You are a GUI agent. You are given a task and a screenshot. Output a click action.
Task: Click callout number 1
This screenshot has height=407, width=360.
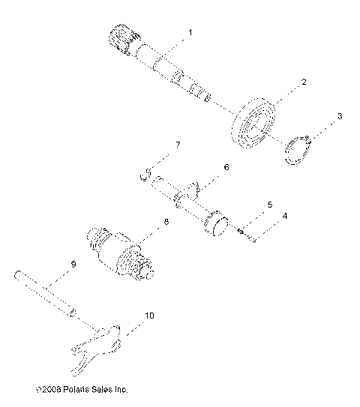tap(190, 32)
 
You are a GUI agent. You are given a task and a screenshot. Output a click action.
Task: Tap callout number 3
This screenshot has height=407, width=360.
tap(339, 116)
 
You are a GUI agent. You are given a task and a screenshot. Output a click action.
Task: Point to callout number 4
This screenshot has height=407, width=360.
tap(283, 217)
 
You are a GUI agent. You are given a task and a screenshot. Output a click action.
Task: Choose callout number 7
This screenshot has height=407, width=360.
tap(178, 144)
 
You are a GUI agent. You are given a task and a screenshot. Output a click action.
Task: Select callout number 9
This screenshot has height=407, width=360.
tap(73, 264)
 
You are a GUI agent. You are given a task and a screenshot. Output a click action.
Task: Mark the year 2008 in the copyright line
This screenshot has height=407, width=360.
tap(50, 390)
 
